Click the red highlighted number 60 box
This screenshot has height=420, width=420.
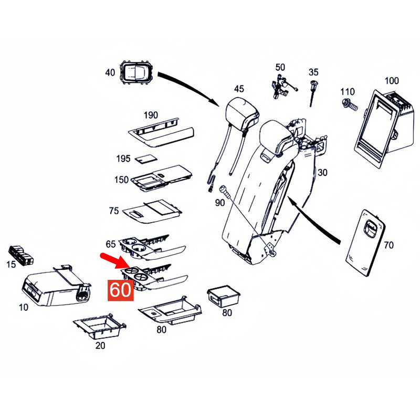coord(121,290)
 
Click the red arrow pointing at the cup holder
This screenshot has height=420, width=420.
coord(111,260)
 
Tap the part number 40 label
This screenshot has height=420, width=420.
coord(110,72)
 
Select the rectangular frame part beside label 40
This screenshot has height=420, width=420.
coord(136,72)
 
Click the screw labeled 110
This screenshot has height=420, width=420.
coord(350,104)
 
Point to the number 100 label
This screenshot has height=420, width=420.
coord(392,81)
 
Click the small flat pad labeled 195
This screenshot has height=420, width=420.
coord(146,159)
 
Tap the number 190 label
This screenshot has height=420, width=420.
coord(151,115)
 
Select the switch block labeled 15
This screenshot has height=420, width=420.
coord(21,255)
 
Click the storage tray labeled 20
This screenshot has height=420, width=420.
coord(100,327)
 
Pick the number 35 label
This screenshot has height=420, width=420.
coord(313,72)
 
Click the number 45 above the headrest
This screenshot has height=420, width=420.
coord(239,89)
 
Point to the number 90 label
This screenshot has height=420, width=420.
coord(219,203)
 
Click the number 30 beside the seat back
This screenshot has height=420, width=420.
coord(322,173)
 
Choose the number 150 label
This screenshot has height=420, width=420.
coord(121,180)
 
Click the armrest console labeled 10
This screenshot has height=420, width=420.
coord(56,286)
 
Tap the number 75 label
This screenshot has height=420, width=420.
coord(113,211)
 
